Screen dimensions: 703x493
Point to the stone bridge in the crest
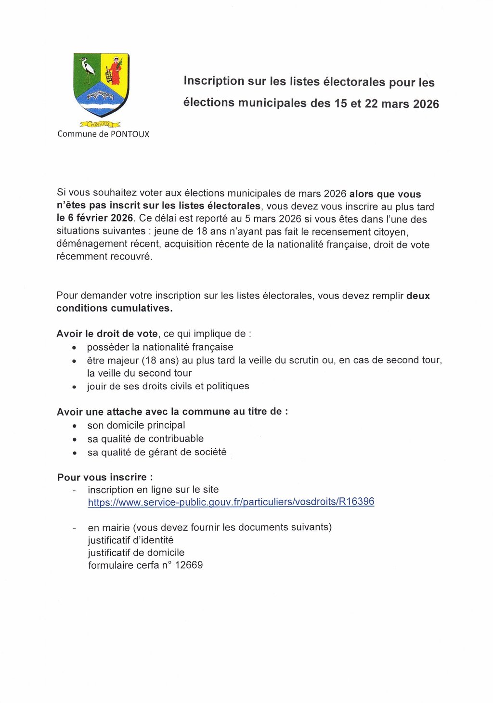point(100,96)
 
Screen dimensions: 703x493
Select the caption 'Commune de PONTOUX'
point(104,134)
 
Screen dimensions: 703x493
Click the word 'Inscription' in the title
point(214,81)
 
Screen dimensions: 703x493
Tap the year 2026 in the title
point(426,104)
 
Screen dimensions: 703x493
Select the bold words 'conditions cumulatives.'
point(114,308)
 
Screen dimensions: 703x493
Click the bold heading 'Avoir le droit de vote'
point(107,334)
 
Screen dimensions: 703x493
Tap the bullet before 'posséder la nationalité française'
point(74,348)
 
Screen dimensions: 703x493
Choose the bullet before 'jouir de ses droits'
point(74,387)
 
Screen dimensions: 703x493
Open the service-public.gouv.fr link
point(231,502)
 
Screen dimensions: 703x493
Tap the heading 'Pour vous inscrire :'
point(105,477)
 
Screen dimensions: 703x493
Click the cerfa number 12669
point(189,565)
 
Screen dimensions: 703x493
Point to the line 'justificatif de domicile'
point(136,553)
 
